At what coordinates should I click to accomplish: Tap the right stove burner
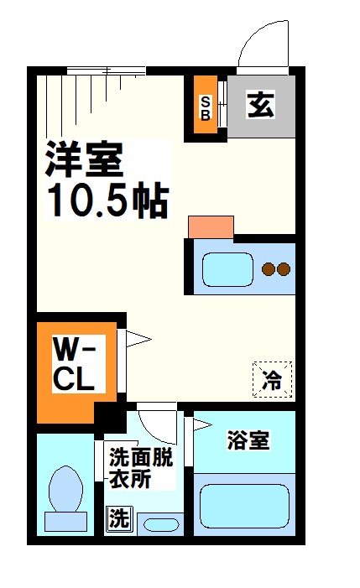pyautogui.click(x=284, y=269)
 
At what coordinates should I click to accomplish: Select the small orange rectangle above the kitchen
pyautogui.click(x=211, y=226)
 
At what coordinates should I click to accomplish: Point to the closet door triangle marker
pyautogui.click(x=138, y=339)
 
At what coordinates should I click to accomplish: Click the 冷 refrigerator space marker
pyautogui.click(x=273, y=379)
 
